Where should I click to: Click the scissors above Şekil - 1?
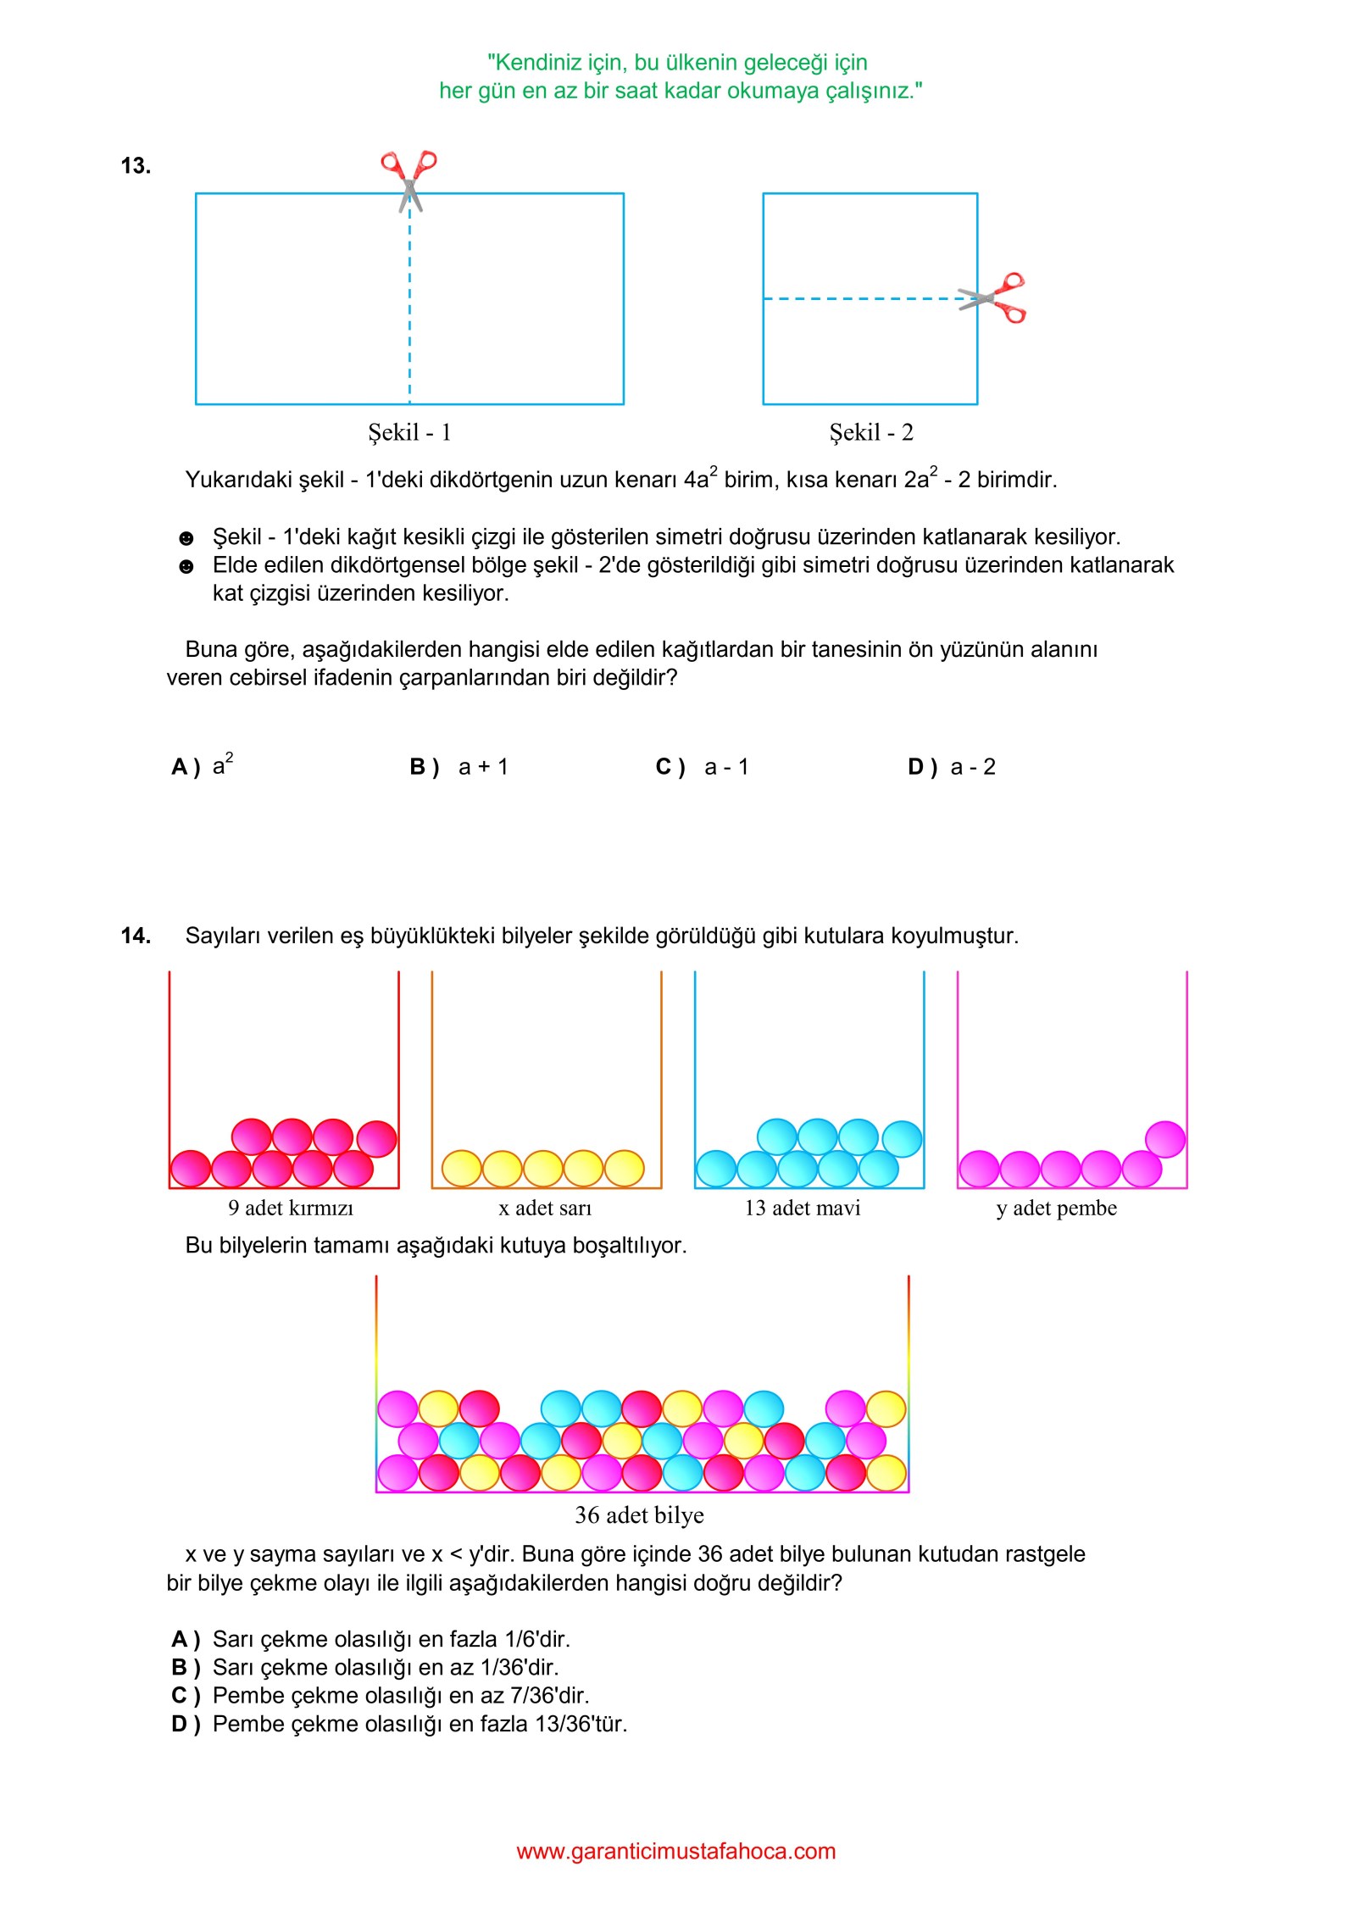point(409,179)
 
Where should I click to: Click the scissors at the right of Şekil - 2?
point(993,297)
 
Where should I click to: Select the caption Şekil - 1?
point(409,432)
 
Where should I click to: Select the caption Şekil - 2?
point(870,432)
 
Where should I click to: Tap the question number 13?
point(136,166)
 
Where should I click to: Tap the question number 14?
point(136,936)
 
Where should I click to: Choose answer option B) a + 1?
point(458,767)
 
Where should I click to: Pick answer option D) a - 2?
point(951,767)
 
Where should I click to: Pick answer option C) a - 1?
point(703,767)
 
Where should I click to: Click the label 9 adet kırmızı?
point(290,1208)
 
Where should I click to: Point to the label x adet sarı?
point(545,1208)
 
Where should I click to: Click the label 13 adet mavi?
point(802,1208)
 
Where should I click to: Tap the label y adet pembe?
point(1056,1208)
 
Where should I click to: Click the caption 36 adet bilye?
point(639,1514)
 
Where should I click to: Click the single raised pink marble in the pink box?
point(1164,1139)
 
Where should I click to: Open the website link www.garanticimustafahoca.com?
point(675,1851)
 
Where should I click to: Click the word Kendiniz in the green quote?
point(531,63)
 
